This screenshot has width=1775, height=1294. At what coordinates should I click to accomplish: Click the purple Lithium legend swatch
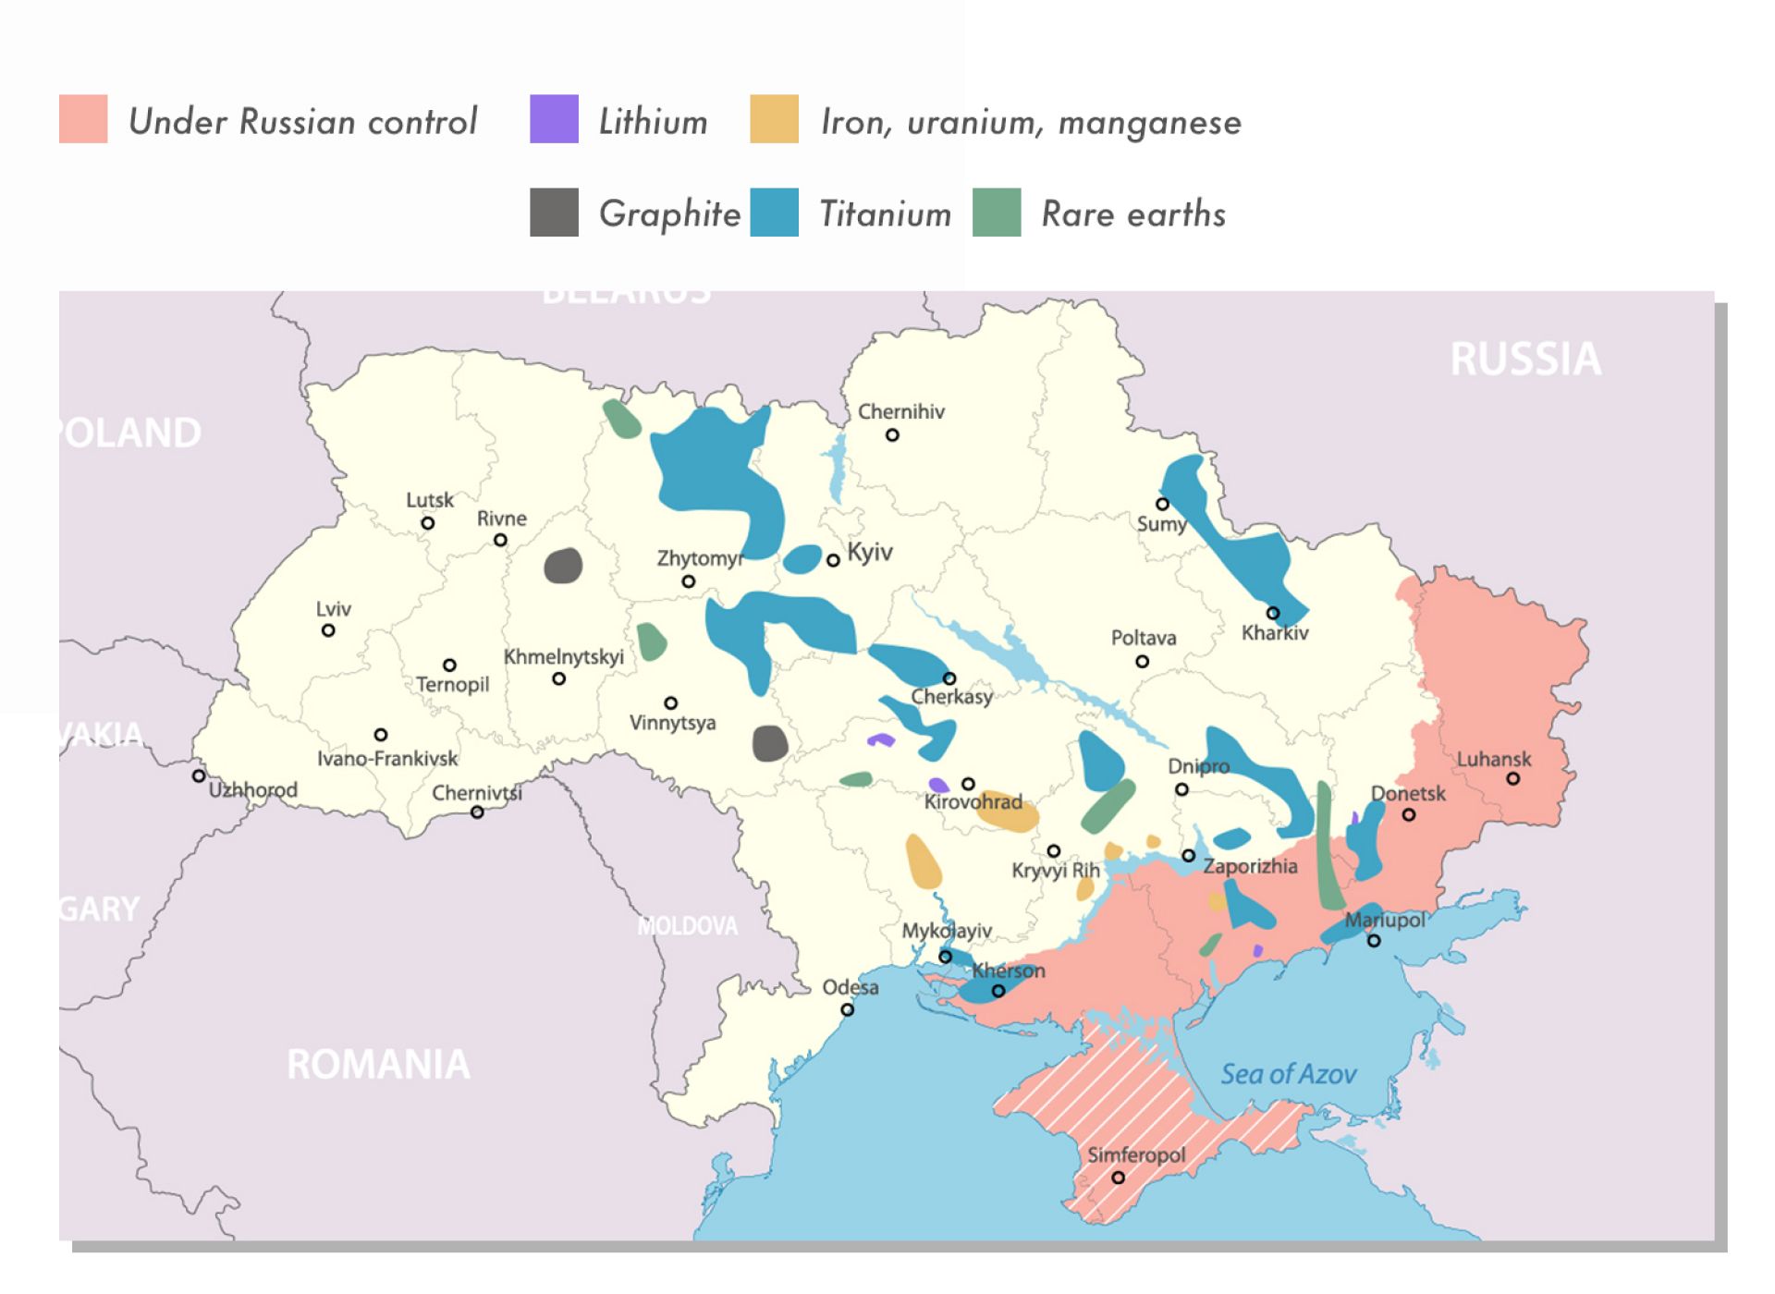pos(554,119)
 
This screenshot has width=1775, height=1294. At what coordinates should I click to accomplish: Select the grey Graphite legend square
pos(554,213)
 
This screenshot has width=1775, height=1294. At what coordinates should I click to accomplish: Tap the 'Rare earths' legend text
pos(1132,214)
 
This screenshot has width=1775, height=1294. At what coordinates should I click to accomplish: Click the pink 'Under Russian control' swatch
pos(83,119)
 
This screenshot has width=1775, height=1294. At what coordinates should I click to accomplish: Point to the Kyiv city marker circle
pos(833,560)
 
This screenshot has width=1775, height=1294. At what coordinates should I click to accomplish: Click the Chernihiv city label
pos(900,412)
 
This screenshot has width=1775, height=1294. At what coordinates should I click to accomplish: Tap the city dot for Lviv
pos(328,630)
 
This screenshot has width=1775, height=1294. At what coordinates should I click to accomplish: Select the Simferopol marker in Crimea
pos(1118,1178)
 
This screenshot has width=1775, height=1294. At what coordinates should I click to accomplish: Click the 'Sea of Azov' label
pos(1288,1074)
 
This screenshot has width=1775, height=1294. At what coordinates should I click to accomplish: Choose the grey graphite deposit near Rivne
pos(563,566)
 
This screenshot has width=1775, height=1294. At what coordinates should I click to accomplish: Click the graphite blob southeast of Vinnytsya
pos(769,743)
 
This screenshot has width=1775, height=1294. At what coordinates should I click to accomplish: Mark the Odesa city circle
pos(847,1009)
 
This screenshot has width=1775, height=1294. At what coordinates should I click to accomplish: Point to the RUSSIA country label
pos(1524,360)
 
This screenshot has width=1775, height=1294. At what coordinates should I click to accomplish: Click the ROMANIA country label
pos(378,1065)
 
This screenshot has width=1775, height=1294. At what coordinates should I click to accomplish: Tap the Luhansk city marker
pos(1512,778)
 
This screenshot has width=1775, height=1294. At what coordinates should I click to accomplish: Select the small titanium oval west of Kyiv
pos(802,559)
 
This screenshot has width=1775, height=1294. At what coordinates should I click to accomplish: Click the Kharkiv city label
pos(1275,633)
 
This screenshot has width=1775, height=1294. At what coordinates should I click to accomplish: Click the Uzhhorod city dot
pos(199,775)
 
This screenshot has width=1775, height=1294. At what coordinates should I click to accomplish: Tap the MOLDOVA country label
pos(688,926)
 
